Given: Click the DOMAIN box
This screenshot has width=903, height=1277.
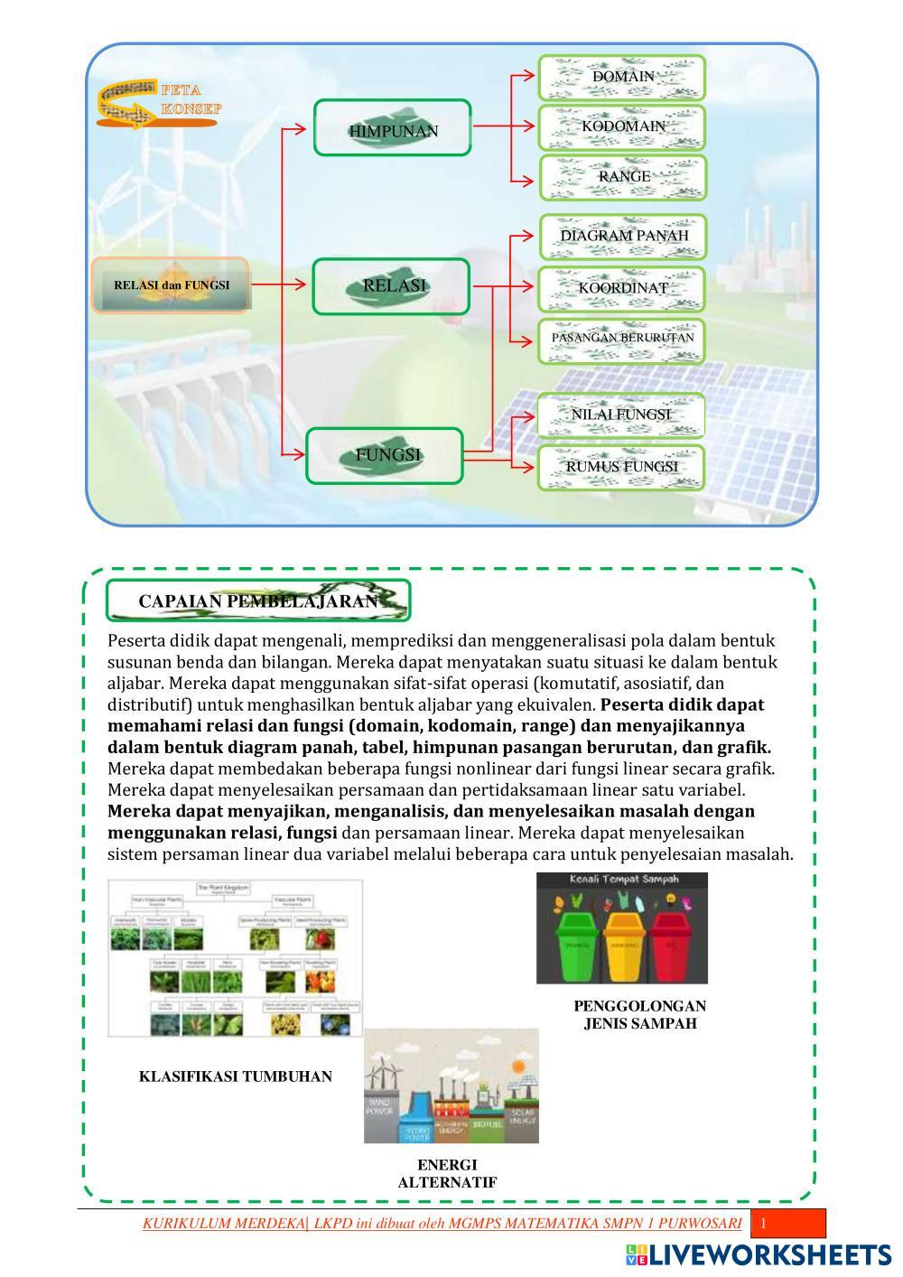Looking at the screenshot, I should [x=622, y=78].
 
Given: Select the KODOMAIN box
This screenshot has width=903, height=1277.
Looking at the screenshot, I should [x=622, y=127].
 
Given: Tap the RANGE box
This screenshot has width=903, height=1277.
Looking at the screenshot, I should [x=622, y=177].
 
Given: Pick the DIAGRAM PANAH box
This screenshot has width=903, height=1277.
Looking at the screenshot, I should [x=623, y=237].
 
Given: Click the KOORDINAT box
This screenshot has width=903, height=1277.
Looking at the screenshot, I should [x=623, y=289].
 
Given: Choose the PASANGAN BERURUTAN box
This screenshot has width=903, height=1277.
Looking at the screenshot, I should [x=623, y=339].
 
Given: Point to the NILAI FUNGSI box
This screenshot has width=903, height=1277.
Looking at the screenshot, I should [x=621, y=415].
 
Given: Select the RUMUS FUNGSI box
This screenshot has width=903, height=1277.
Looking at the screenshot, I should [x=621, y=467].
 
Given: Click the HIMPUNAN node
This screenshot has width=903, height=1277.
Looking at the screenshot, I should [x=393, y=128].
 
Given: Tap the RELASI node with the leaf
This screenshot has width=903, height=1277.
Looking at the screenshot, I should [x=392, y=286].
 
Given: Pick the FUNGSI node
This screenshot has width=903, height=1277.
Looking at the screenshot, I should [x=386, y=455].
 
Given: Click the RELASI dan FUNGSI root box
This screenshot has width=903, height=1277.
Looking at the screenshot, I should [x=171, y=285].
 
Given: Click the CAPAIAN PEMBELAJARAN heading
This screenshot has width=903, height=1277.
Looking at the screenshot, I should [x=258, y=601].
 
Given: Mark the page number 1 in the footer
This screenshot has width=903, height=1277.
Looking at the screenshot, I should [x=763, y=1224].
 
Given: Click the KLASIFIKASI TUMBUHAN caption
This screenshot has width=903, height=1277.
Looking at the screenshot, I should [x=235, y=1077].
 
